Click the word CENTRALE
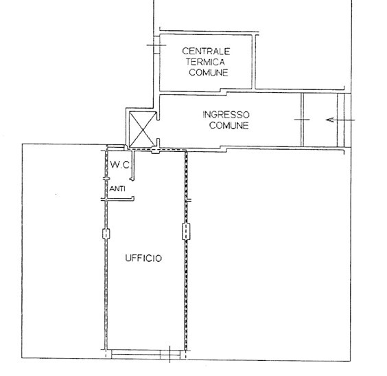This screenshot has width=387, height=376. point(206,51)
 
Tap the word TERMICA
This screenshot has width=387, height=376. point(205,62)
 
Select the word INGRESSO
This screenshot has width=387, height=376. point(226,115)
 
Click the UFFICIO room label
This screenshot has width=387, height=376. point(143,258)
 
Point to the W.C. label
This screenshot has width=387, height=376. point(119,165)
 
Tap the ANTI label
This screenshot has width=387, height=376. point(117,189)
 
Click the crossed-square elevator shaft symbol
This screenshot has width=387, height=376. point(143,129)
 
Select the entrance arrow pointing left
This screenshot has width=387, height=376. point(340,120)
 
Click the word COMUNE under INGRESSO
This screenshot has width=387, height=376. point(228,125)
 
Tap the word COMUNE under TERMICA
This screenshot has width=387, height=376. point(209,72)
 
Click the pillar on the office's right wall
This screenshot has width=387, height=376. point(187,232)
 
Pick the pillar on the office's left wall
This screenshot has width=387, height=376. point(106,234)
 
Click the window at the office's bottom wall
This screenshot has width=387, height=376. point(146,355)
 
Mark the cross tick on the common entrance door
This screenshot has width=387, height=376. point(302,120)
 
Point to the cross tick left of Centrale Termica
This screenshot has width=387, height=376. point(156,45)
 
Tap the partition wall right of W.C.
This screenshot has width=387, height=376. point(133,166)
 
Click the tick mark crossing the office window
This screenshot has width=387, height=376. point(169,354)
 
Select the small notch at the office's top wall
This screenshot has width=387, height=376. point(155,151)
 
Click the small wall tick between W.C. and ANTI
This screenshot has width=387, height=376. point(106,179)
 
